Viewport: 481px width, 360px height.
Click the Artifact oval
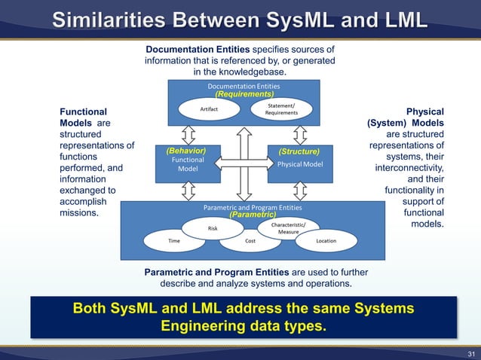pyautogui.click(x=210, y=109)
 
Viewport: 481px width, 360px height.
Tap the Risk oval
pyautogui.click(x=213, y=228)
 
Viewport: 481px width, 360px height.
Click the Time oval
pyautogui.click(x=174, y=241)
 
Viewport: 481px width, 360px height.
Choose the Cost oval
pyautogui.click(x=250, y=241)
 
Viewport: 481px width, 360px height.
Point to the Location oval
pyautogui.click(x=326, y=241)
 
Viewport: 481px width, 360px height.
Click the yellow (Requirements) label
pyautogui.click(x=244, y=95)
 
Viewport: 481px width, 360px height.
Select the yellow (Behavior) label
pyautogui.click(x=183, y=151)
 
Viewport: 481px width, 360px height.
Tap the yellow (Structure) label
pyautogui.click(x=299, y=151)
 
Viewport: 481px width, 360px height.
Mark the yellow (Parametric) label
pyautogui.click(x=253, y=215)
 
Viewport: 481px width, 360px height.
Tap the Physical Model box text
pyautogui.click(x=300, y=164)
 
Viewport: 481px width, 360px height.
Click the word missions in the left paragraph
pyautogui.click(x=80, y=213)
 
